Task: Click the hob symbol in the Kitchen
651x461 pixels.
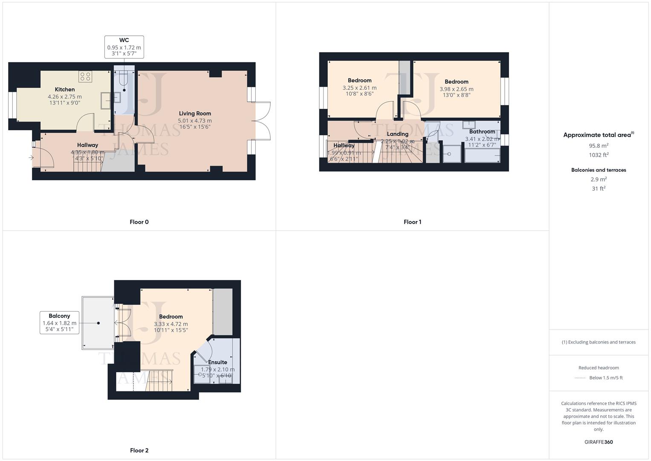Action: pos(85,76)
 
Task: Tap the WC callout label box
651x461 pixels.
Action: pos(124,47)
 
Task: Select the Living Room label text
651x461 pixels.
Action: pos(195,114)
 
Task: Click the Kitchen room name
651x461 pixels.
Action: pos(65,89)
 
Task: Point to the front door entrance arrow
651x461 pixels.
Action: pos(31,158)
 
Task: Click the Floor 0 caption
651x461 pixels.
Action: pos(139,222)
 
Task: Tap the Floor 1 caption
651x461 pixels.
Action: pos(412,222)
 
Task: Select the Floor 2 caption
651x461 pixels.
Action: pos(139,450)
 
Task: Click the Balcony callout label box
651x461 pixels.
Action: pos(59,323)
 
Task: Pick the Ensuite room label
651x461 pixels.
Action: pos(217,362)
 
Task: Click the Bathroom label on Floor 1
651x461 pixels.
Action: pos(482,131)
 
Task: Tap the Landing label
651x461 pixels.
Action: pos(397,134)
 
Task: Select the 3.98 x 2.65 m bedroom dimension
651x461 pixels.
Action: pos(456,89)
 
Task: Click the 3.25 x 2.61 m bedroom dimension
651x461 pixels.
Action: pos(359,88)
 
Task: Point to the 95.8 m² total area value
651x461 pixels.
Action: pos(598,146)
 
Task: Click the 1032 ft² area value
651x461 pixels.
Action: pos(598,155)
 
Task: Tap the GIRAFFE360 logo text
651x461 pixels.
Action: pos(598,442)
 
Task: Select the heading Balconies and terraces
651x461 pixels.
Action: pos(598,170)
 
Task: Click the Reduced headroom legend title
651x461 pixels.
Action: pos(598,368)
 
